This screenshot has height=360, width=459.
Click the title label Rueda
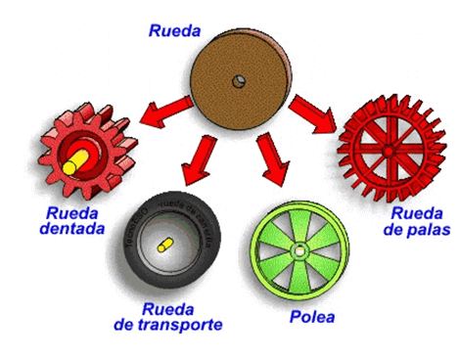(x=174, y=30)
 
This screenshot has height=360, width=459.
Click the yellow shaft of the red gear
(x=73, y=163)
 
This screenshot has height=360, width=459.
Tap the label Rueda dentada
(x=70, y=221)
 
